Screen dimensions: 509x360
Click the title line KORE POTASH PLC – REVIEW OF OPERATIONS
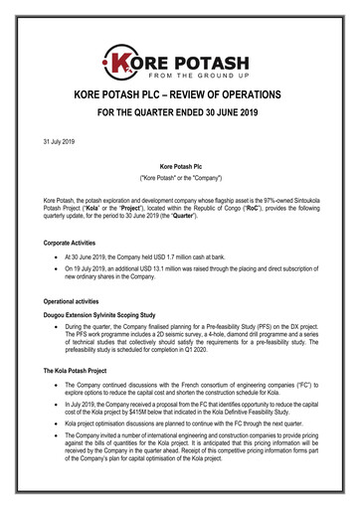click(180, 95)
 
